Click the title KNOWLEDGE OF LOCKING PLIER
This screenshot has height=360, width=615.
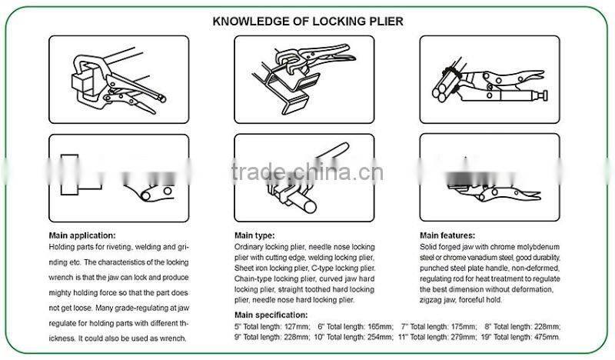point(307,22)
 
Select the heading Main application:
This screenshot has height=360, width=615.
point(82,235)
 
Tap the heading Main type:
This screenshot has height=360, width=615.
point(254,235)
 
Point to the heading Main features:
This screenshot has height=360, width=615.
point(447,235)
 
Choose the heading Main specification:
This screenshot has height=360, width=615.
point(271,315)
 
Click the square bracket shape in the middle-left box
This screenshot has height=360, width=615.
point(79,173)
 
